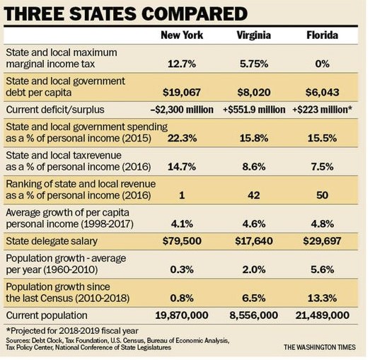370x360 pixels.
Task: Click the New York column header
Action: pyautogui.click(x=182, y=35)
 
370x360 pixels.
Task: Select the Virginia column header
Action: pyautogui.click(x=254, y=35)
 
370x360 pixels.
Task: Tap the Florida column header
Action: pyautogui.click(x=323, y=35)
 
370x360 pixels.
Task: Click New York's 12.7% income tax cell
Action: pyautogui.click(x=182, y=64)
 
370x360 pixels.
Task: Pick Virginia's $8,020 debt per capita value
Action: pyautogui.click(x=254, y=92)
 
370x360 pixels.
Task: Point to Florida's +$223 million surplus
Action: pyautogui.click(x=323, y=110)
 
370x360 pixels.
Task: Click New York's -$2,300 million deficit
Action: pyautogui.click(x=182, y=110)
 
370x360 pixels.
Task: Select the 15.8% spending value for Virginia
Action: pyautogui.click(x=254, y=138)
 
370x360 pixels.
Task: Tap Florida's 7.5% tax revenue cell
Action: pyautogui.click(x=323, y=167)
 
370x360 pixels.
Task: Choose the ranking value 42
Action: pyautogui.click(x=254, y=195)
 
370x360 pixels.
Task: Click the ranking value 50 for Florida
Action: pyautogui.click(x=323, y=195)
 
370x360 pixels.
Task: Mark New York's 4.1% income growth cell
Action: pyautogui.click(x=182, y=224)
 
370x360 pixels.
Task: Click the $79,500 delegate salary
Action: pyautogui.click(x=182, y=241)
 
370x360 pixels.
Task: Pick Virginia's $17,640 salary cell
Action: pyautogui.click(x=254, y=241)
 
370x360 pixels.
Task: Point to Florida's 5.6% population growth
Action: pyautogui.click(x=323, y=269)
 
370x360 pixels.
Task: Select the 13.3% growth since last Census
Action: pyautogui.click(x=323, y=298)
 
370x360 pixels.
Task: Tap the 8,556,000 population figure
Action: pyautogui.click(x=254, y=315)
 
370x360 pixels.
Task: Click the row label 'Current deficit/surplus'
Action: pyautogui.click(x=55, y=110)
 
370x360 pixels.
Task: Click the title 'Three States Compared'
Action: pyautogui.click(x=126, y=13)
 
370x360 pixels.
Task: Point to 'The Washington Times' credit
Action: pyautogui.click(x=320, y=347)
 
